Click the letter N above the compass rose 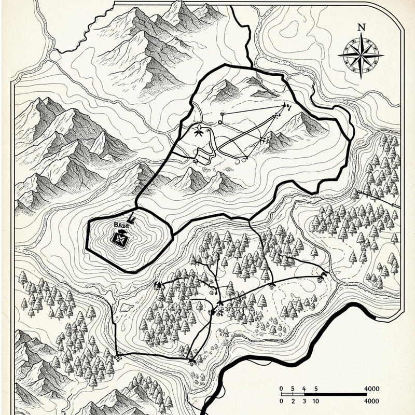361,27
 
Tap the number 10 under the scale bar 316,401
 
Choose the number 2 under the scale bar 293,401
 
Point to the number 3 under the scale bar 305,401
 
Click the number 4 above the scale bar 305,388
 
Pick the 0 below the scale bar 281,401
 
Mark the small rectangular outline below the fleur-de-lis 204,155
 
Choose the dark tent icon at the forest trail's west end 157,284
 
